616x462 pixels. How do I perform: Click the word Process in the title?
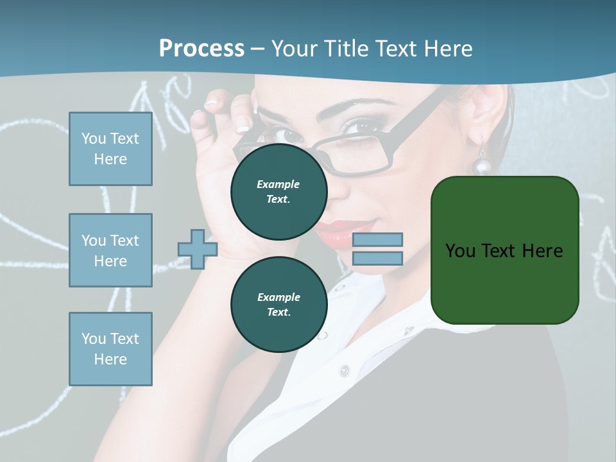click(x=201, y=48)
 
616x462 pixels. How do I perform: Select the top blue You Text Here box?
click(x=110, y=149)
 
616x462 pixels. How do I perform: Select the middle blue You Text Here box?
click(x=110, y=250)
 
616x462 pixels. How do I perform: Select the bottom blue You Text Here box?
click(x=110, y=348)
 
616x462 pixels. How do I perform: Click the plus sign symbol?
click(x=197, y=249)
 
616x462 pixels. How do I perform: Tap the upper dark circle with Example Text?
click(x=278, y=191)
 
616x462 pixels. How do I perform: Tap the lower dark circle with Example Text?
click(x=278, y=304)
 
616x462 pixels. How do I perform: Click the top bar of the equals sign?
click(x=378, y=240)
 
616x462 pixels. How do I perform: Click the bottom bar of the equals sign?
click(x=378, y=259)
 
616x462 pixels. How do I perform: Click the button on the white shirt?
click(x=345, y=370)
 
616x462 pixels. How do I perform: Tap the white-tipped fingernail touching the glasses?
click(x=243, y=128)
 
